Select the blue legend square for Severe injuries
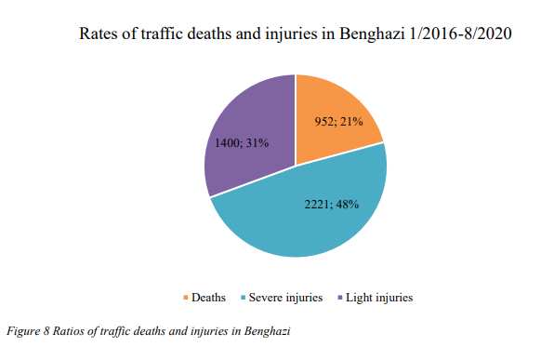[243, 298]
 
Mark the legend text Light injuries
[378, 298]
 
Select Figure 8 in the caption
[28, 331]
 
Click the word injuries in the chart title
[296, 33]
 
